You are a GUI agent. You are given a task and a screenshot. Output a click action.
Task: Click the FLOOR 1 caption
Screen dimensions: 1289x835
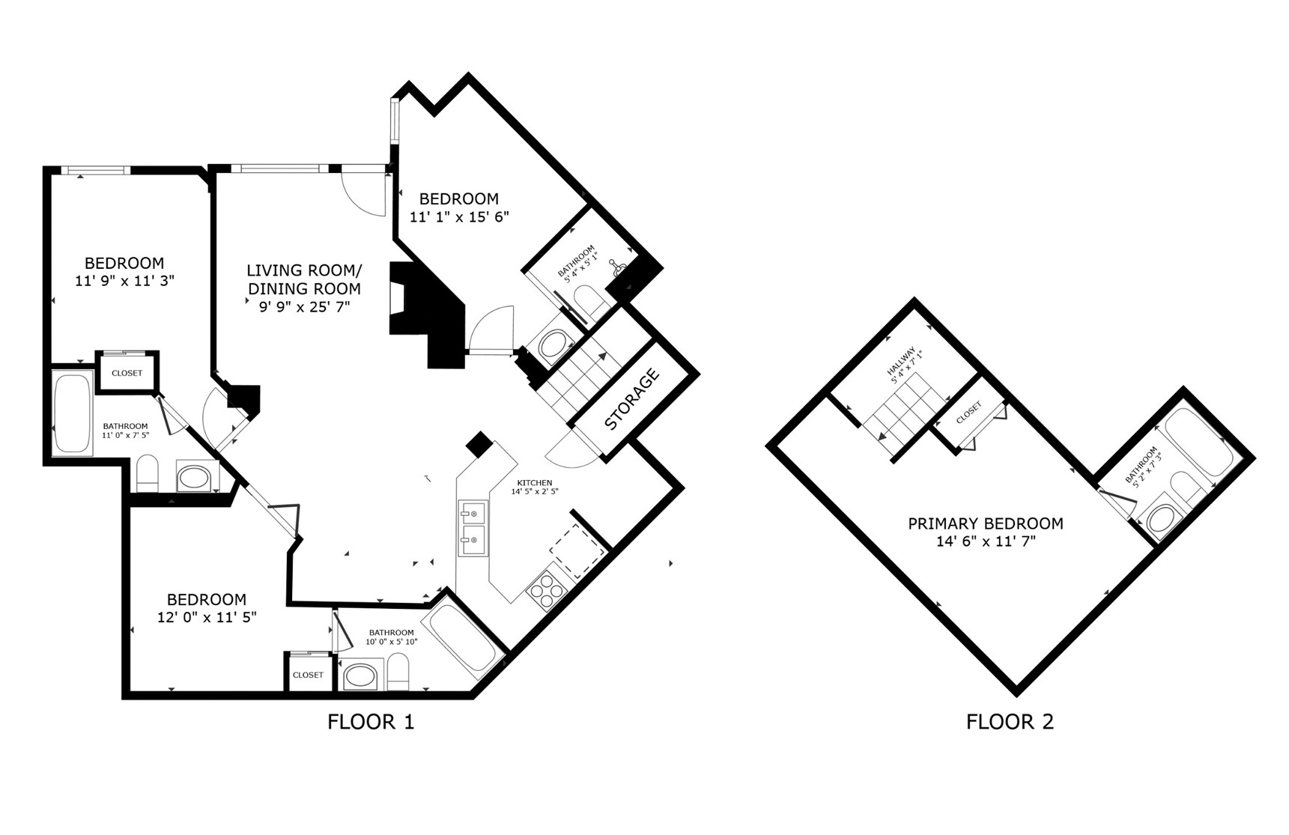coord(371,722)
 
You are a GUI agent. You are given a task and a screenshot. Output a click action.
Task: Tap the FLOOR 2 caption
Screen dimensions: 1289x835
coord(1010,722)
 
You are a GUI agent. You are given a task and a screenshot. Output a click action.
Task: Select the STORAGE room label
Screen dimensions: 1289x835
coord(631,399)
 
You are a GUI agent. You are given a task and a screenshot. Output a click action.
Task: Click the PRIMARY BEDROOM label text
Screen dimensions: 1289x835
coord(986,523)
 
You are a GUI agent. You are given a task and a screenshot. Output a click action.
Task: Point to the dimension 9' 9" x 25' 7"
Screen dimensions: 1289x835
coord(298,306)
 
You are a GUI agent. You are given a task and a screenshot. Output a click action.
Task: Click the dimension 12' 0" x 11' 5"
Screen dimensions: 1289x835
coord(207,618)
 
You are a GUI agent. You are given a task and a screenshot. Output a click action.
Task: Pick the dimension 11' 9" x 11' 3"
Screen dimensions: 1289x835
coord(124,282)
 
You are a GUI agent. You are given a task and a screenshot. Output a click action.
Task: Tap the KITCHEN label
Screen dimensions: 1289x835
coord(535,483)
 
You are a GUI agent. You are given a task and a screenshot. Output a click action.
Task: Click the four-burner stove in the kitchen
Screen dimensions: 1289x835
coord(545,589)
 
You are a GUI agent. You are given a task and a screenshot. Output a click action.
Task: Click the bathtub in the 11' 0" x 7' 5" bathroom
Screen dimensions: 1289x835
coord(73,413)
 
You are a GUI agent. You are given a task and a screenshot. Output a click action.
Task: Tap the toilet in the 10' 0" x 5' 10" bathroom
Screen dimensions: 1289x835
coord(398,673)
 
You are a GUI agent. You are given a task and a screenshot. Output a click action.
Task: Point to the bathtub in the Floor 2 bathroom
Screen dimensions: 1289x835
coord(1198,442)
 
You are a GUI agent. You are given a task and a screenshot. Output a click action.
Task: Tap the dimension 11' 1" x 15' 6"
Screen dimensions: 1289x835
coord(459,217)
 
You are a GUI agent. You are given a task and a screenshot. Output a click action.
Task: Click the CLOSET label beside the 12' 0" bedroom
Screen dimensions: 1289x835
coord(308,675)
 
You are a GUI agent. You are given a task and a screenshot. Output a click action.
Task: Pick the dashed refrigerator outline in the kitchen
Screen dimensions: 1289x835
coord(577,551)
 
